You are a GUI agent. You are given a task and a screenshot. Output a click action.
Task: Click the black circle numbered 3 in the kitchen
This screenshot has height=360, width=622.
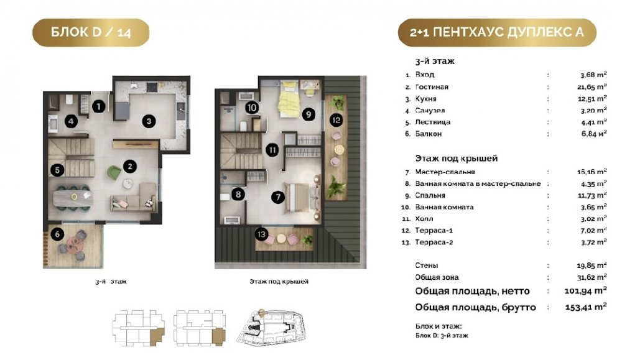tap(149, 121)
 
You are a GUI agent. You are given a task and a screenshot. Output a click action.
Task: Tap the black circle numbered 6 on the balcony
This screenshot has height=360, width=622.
tap(57, 234)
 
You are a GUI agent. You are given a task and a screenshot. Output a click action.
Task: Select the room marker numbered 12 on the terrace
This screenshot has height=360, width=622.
tap(336, 120)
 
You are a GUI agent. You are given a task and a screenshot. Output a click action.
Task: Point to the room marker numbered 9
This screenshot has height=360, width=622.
tap(309, 114)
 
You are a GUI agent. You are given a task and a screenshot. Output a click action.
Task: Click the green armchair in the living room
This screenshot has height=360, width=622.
tap(114, 173)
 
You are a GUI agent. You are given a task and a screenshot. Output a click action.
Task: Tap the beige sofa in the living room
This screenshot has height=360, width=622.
tap(134, 198)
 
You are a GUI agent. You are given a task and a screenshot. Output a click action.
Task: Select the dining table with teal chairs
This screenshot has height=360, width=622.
tap(74, 196)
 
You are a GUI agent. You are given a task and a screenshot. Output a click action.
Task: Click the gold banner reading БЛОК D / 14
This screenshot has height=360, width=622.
tap(91, 32)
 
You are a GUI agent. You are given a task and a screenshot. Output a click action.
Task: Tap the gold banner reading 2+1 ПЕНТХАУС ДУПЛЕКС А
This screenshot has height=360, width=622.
tap(497, 32)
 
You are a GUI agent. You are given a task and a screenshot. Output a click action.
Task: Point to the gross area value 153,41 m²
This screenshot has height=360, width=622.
tap(586, 307)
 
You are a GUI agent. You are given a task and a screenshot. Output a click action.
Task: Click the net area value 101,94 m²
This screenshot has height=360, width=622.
tap(585, 291)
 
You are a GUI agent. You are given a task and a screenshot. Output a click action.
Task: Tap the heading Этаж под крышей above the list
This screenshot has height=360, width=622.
tap(456, 159)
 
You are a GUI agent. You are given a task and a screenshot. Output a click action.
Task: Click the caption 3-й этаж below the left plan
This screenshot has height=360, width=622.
tap(111, 282)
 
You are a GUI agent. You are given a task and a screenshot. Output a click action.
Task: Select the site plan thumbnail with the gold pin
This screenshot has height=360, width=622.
tap(272, 327)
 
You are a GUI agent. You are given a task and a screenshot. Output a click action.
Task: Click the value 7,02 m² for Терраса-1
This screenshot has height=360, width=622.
tap(593, 230)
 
